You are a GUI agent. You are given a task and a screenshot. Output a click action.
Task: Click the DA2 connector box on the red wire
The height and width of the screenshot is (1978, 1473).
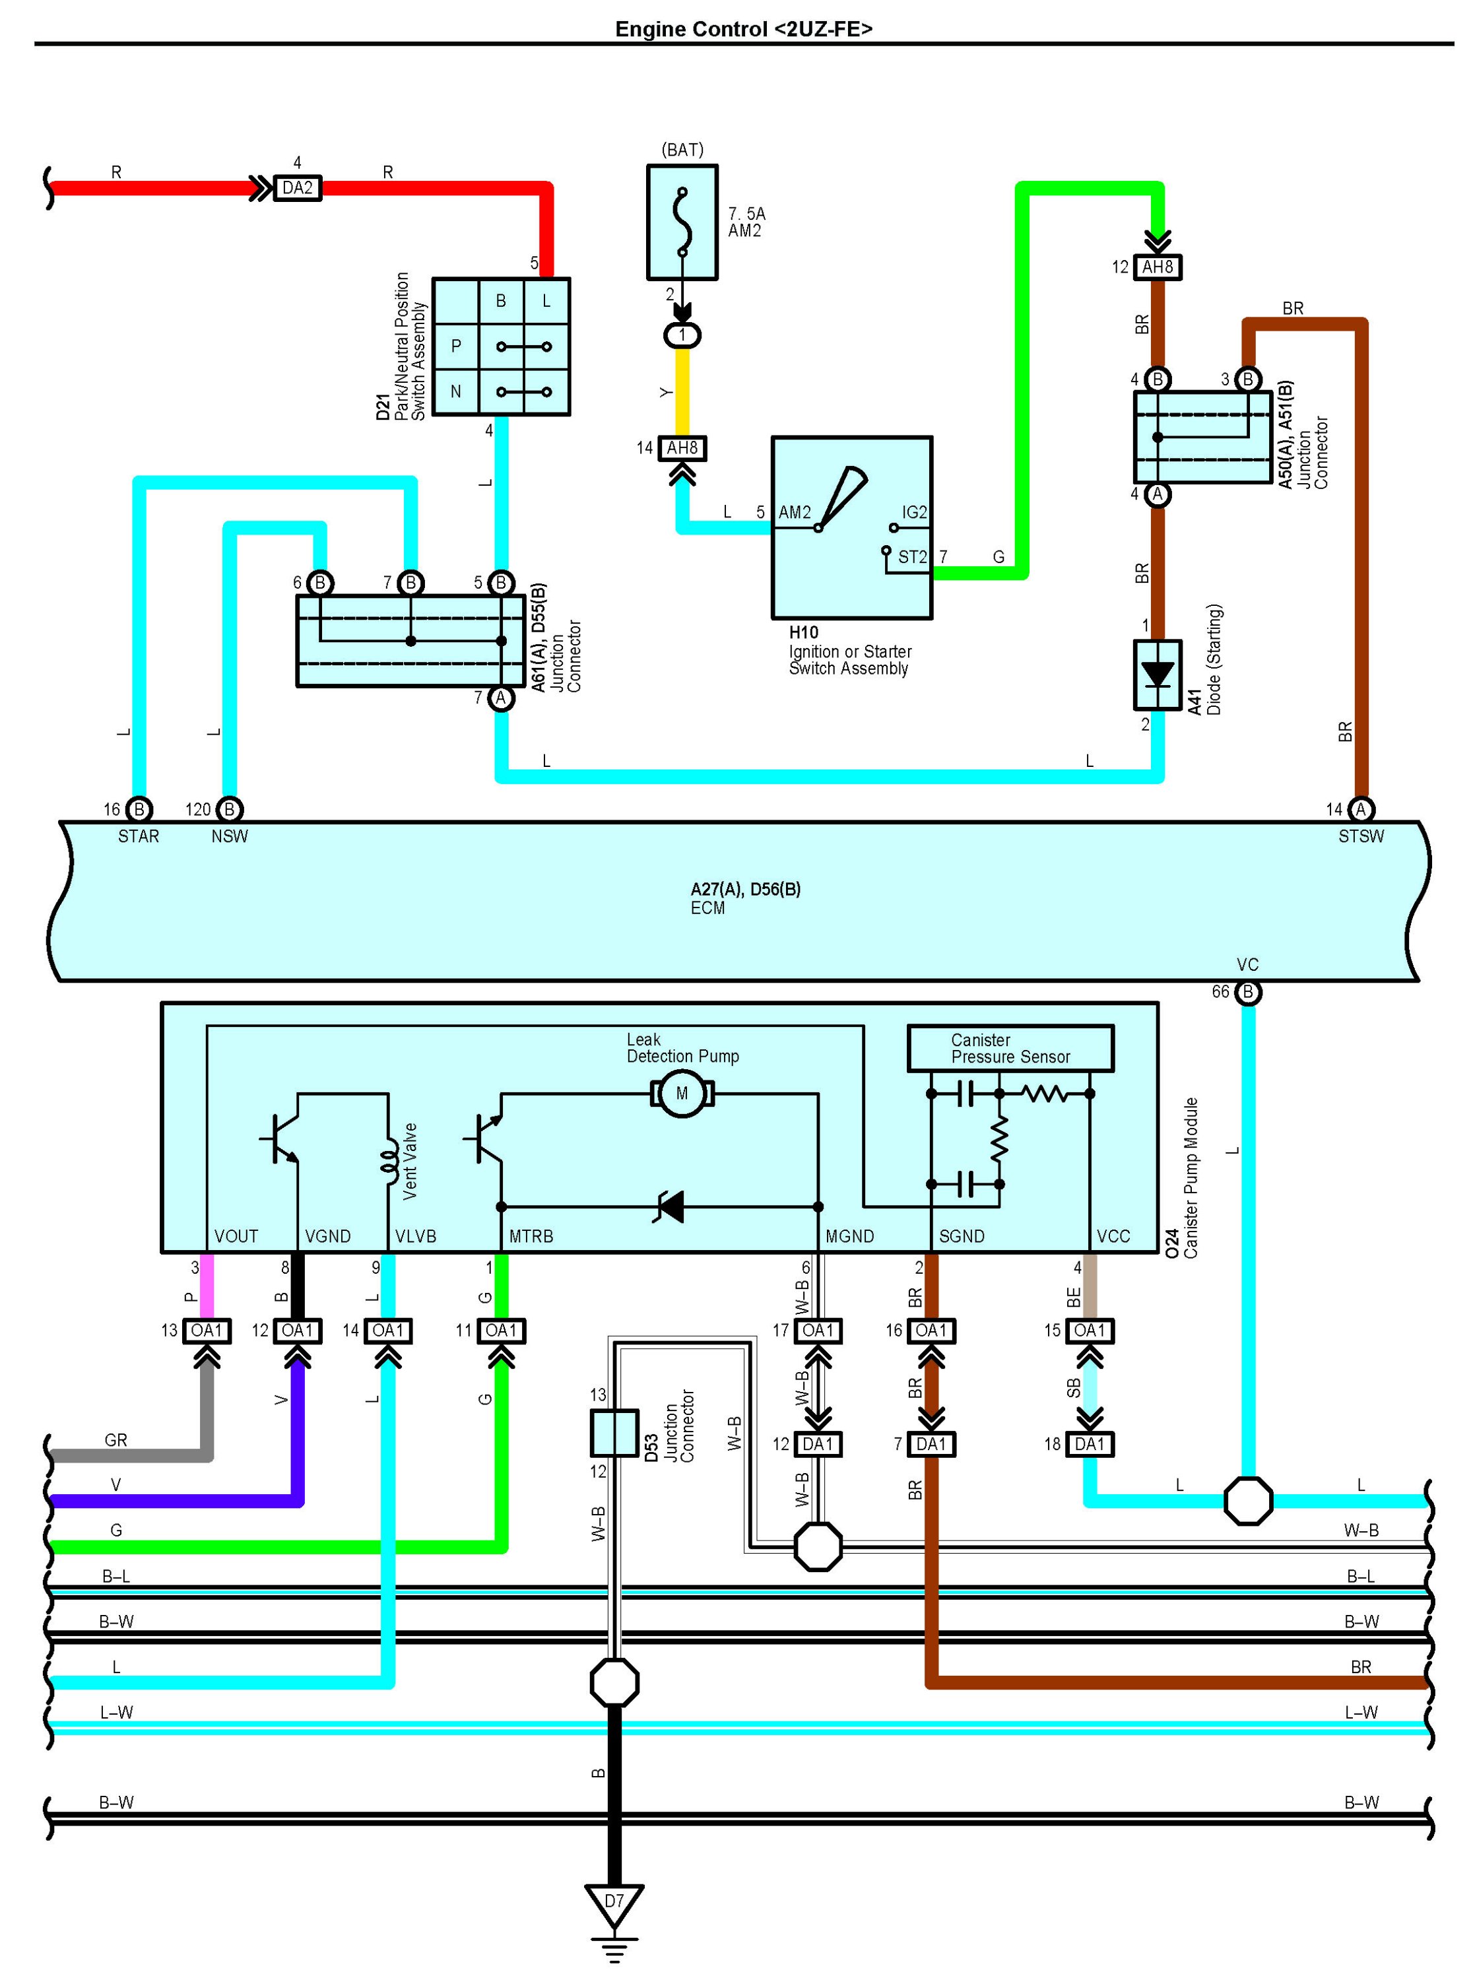point(297,188)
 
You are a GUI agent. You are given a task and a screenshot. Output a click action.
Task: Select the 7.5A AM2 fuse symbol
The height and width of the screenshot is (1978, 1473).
point(682,222)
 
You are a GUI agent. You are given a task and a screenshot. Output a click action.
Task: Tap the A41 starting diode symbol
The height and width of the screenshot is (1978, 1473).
point(1158,675)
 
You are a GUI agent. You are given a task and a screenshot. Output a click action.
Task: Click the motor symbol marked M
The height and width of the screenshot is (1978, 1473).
point(682,1094)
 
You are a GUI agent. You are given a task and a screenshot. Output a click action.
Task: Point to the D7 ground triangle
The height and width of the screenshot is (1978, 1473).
point(614,1907)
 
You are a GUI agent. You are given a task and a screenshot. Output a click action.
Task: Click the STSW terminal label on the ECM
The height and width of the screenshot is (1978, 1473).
point(1361,836)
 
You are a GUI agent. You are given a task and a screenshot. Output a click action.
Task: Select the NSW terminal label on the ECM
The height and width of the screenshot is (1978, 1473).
point(229,836)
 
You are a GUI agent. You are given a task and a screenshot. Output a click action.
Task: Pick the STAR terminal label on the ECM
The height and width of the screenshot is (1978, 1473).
point(138,836)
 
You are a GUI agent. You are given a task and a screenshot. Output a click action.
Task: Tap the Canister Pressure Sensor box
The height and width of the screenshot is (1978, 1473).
point(1010,1048)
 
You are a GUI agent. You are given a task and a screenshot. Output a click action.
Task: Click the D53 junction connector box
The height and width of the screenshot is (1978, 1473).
point(614,1432)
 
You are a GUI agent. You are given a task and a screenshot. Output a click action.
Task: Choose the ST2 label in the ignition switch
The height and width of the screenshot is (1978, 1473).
point(912,558)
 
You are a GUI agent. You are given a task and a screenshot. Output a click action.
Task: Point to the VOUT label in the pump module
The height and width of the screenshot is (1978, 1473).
point(236,1236)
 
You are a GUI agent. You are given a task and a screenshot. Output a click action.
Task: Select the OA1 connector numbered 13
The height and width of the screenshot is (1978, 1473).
point(207,1331)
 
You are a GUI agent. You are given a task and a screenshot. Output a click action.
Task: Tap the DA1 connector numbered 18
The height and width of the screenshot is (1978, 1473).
point(1090,1444)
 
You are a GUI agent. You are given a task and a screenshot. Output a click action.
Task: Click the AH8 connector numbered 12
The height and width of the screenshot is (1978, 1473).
point(1158,267)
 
